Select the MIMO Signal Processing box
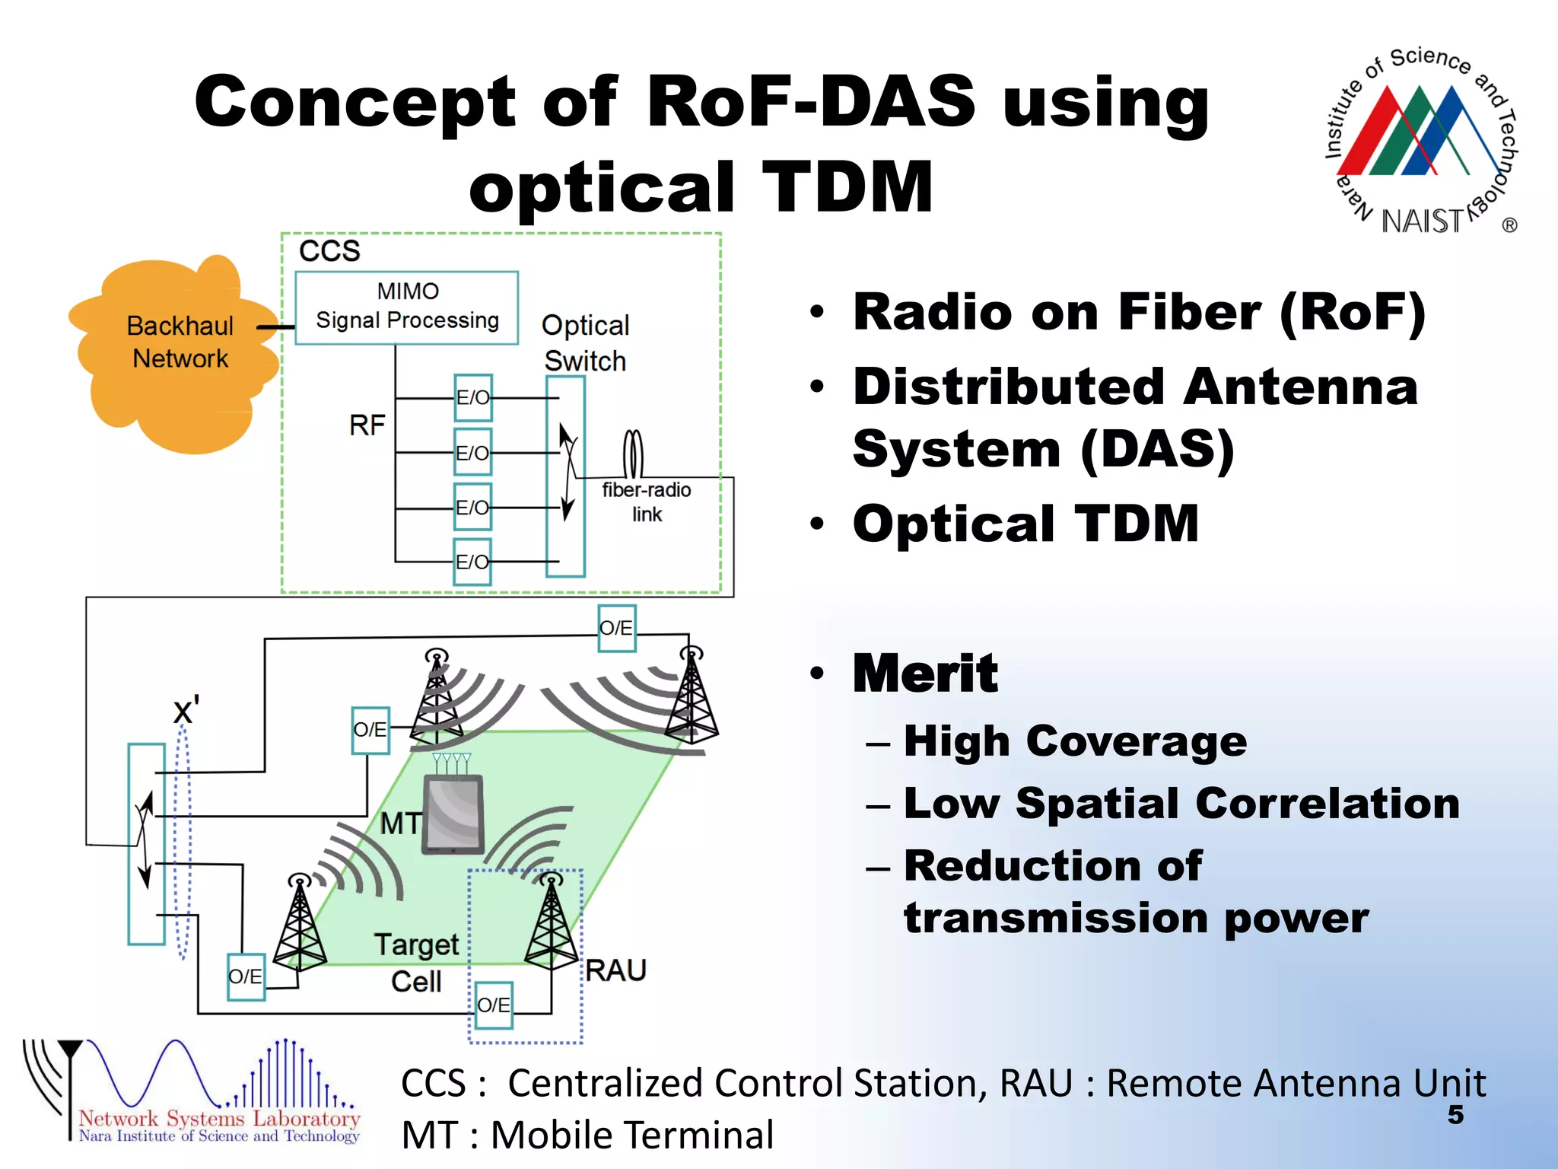(x=407, y=307)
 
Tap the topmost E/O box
(x=473, y=397)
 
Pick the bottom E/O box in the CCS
(x=472, y=562)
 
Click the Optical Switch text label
(x=585, y=343)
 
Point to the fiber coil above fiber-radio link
(x=633, y=454)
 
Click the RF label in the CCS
(x=367, y=425)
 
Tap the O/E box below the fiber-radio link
(x=616, y=628)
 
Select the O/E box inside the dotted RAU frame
(x=494, y=1005)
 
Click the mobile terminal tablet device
(x=454, y=814)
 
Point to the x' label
(x=186, y=711)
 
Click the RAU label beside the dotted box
(x=616, y=970)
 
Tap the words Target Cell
(x=416, y=963)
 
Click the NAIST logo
(x=1423, y=141)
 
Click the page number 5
(x=1455, y=1114)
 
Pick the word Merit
(x=924, y=674)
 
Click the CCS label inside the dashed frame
(x=329, y=251)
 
